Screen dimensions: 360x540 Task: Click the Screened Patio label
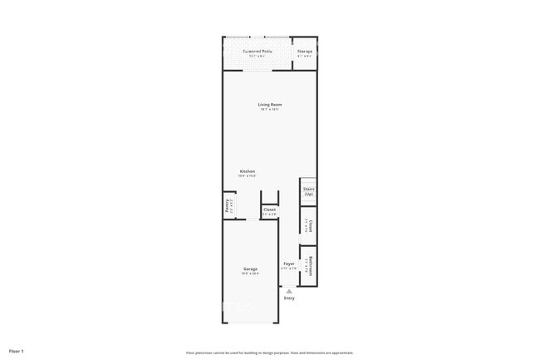coord(258,52)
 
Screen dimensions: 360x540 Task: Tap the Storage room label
coord(305,52)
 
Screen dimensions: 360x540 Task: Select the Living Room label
coord(269,104)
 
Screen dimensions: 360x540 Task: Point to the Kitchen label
coord(248,171)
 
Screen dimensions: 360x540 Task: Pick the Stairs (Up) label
coord(308,191)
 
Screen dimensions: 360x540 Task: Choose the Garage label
coord(250,269)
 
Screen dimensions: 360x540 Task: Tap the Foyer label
coord(288,264)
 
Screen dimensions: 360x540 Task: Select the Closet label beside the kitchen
coord(269,210)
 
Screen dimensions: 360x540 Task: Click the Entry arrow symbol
coord(289,291)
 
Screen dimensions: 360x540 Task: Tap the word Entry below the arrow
coord(289,298)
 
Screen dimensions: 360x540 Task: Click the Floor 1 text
coord(17,351)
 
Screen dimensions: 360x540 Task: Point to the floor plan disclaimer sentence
coord(270,352)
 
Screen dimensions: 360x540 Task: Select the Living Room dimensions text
coord(269,110)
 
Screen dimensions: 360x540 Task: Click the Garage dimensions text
coord(250,274)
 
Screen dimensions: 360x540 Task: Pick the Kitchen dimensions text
coord(248,176)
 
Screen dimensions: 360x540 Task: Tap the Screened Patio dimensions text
coord(258,57)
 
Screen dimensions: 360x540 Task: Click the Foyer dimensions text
coord(288,269)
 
